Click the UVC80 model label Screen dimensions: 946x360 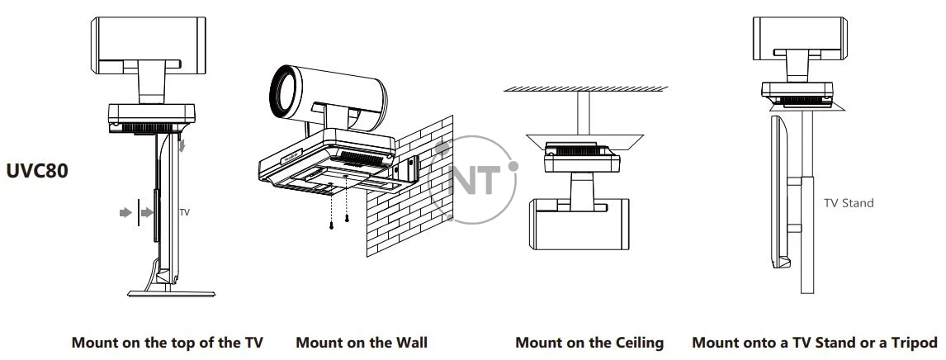tap(37, 171)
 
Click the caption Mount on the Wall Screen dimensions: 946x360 tap(362, 343)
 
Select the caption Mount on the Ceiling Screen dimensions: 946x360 tap(589, 343)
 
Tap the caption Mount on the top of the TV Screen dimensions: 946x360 tap(167, 343)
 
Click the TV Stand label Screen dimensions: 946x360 tap(849, 203)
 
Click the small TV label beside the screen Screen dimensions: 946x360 tap(185, 212)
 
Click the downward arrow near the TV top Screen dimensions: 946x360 tap(182, 144)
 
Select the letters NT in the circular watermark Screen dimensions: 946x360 tap(475, 180)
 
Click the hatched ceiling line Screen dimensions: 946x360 tap(586, 88)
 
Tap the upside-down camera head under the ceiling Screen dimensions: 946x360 tap(579, 224)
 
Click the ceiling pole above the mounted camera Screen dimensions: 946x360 tap(583, 113)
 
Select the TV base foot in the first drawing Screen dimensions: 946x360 tap(172, 294)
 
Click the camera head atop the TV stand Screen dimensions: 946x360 tap(800, 39)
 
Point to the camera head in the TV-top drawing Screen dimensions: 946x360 tap(149, 45)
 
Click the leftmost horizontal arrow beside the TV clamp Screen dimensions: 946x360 tap(125, 212)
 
